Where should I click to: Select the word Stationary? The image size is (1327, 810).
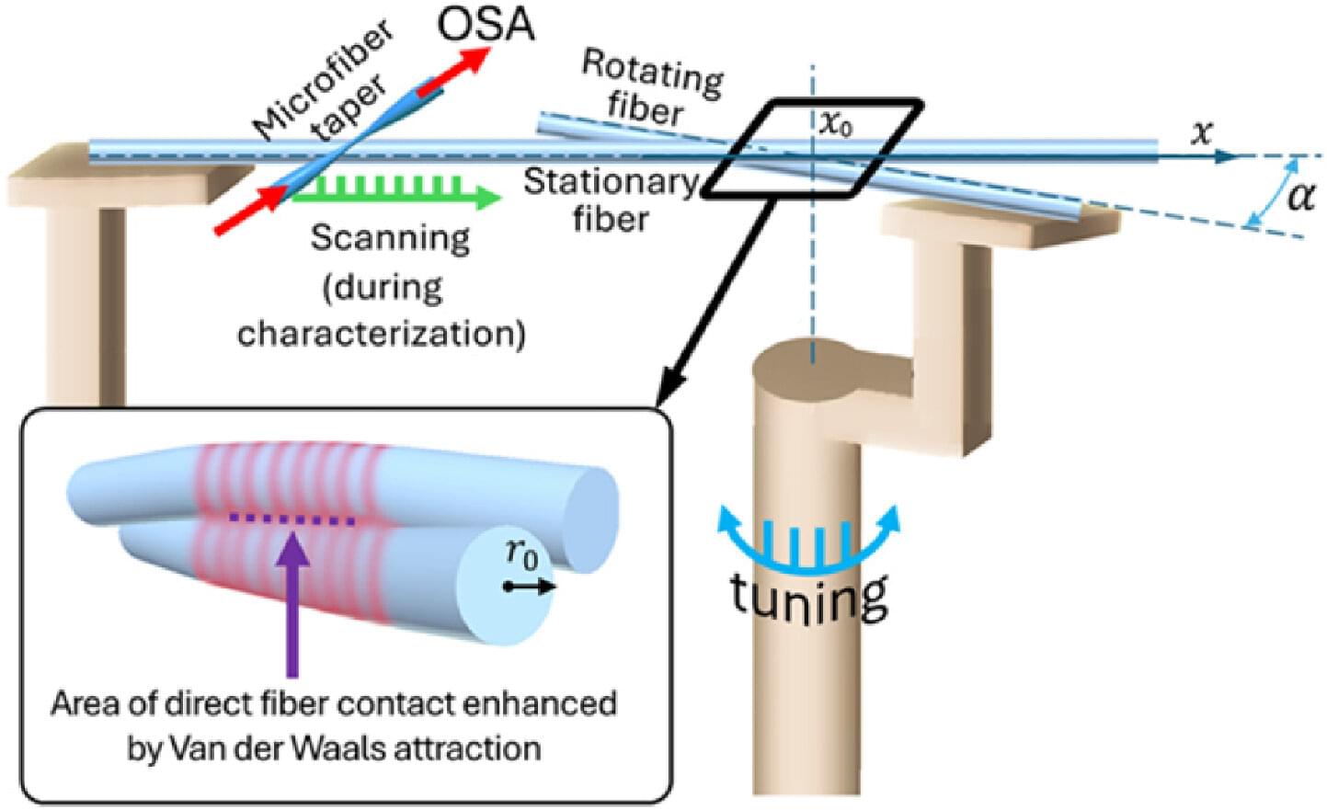610,182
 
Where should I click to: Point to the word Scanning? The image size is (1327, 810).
390,238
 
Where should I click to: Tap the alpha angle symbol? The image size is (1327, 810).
1300,196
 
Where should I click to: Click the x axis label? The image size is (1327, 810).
1201,133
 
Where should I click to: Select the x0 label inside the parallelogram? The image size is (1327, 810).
835,123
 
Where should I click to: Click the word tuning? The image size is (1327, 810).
809,595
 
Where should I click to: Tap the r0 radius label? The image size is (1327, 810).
521,553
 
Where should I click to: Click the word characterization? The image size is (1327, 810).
382,334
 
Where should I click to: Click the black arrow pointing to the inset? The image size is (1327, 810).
717,294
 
